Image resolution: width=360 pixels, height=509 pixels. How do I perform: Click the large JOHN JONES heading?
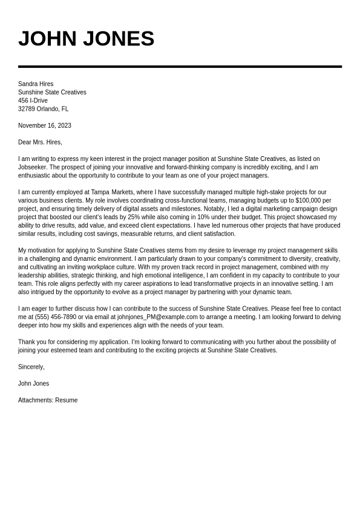click(86, 39)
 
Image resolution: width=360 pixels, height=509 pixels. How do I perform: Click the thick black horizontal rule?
click(180, 67)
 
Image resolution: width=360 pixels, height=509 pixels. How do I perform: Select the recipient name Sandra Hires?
click(36, 84)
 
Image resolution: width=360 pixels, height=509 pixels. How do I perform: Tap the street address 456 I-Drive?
click(33, 100)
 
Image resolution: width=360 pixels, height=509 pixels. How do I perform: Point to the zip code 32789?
click(27, 109)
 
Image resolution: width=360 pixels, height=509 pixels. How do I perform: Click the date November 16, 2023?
click(45, 126)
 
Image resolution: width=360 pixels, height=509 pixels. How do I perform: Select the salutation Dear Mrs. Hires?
click(40, 142)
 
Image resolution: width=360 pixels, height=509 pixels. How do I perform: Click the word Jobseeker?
click(32, 167)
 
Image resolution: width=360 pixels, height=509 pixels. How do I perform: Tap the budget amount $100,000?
click(309, 200)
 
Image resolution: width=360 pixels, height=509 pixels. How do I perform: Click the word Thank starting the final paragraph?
click(26, 342)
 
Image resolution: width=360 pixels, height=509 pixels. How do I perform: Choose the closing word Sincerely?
click(31, 367)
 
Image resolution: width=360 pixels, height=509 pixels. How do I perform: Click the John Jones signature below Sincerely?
click(33, 384)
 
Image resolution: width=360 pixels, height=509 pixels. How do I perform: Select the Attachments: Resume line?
click(48, 400)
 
